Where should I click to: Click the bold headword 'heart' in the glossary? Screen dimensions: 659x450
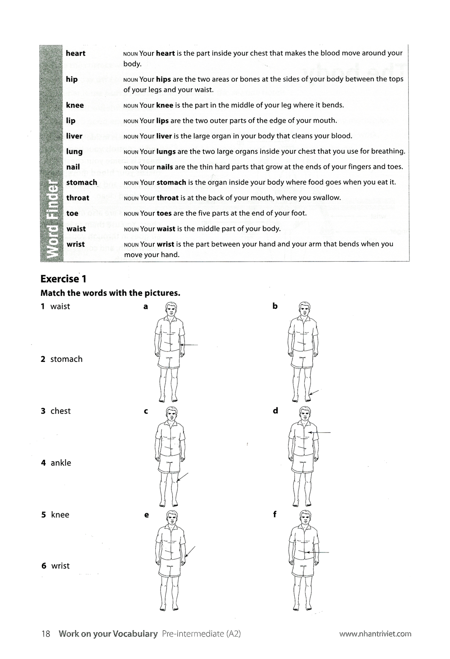[x=75, y=53]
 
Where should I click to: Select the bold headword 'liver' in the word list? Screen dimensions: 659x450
[x=74, y=136]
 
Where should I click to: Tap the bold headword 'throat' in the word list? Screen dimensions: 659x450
[x=77, y=198]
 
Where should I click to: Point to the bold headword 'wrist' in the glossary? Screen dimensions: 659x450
[x=76, y=244]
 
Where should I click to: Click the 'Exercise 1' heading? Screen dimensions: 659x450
[x=63, y=279]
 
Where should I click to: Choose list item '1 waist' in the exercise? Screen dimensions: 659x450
[x=55, y=307]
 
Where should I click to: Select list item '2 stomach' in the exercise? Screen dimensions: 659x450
[x=62, y=359]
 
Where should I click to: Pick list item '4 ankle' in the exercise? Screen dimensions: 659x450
[x=56, y=463]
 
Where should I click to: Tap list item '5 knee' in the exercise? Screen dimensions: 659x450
[x=55, y=515]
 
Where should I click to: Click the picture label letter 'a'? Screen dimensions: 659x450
[x=145, y=307]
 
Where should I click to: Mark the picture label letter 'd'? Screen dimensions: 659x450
[x=275, y=410]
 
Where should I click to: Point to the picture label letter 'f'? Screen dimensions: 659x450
[x=274, y=515]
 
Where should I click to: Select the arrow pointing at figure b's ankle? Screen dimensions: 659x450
[x=314, y=394]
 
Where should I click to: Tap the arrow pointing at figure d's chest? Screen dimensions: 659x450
[x=320, y=432]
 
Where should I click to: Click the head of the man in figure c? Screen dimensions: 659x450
[x=171, y=414]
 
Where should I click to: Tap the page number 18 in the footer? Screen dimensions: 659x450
[x=45, y=634]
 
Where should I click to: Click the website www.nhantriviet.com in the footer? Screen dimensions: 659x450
[x=375, y=634]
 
